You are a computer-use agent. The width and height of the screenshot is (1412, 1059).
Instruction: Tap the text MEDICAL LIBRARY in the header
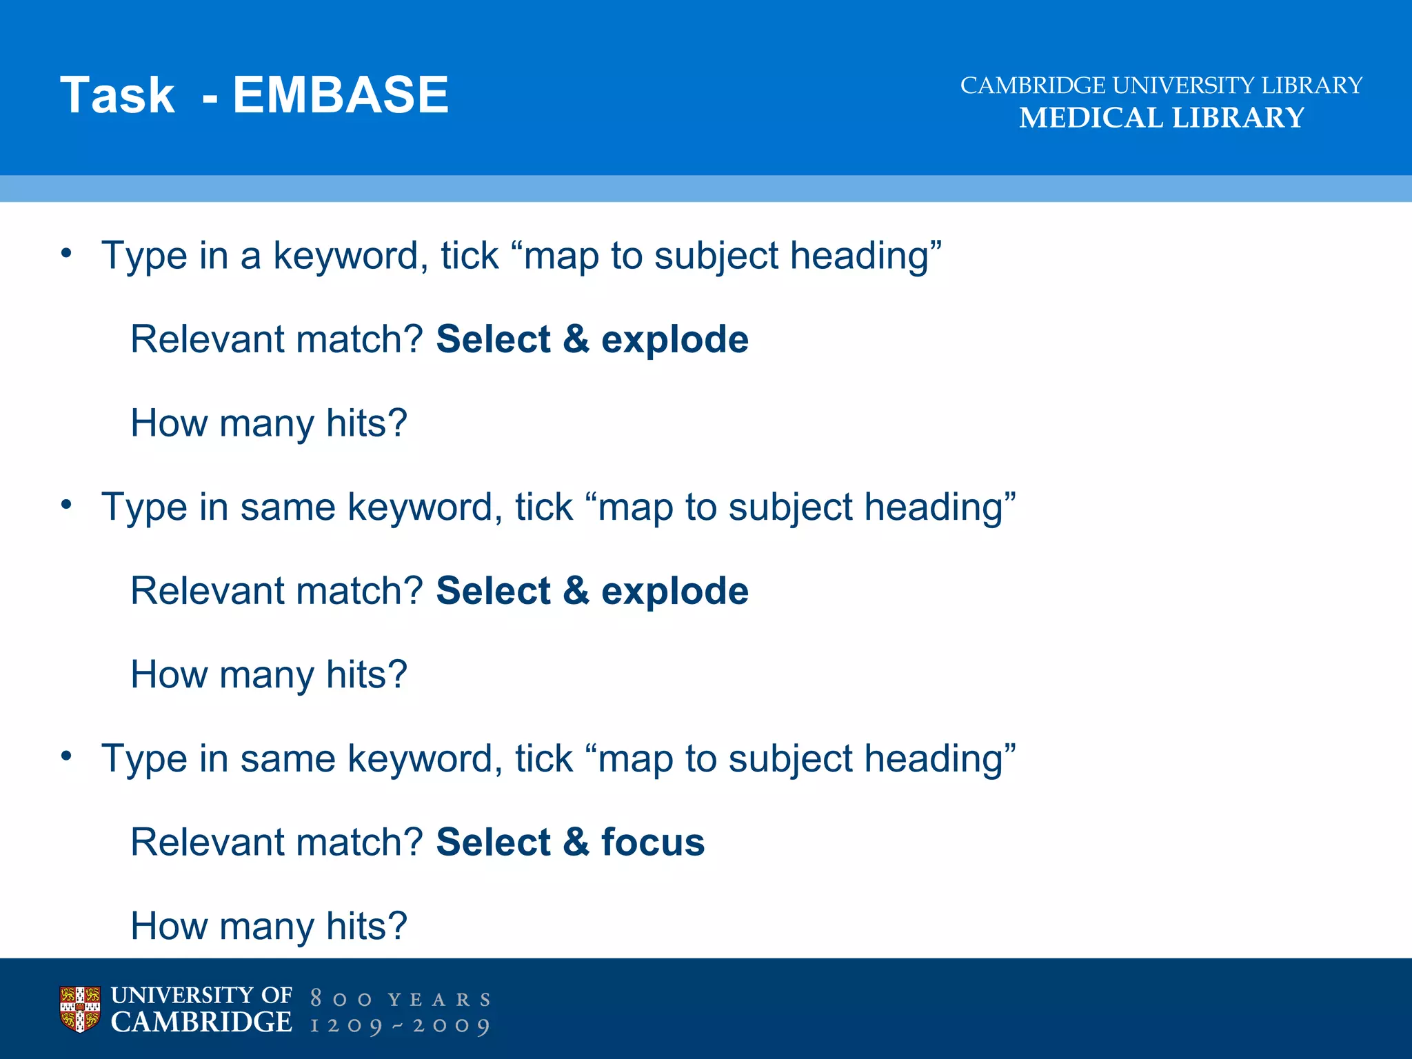click(x=1162, y=118)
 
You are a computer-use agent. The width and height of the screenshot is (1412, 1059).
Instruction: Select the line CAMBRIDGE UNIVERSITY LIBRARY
click(x=1162, y=85)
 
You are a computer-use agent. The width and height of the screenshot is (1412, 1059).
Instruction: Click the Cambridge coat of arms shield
click(x=80, y=1009)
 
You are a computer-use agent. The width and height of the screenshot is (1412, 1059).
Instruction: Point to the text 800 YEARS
click(x=401, y=999)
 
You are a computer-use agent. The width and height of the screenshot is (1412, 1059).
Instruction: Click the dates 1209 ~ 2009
click(x=401, y=1026)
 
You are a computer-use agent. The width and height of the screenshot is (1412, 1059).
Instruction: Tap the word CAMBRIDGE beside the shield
click(x=201, y=1022)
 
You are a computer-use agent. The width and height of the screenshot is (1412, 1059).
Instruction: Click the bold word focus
click(x=652, y=842)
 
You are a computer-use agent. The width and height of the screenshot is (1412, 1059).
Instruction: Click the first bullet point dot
click(x=66, y=254)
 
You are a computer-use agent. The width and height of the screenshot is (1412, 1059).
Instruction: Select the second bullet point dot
click(x=66, y=505)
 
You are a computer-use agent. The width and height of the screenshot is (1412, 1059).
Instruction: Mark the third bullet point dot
click(x=66, y=757)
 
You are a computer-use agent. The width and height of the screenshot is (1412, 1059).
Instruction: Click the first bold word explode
click(x=674, y=339)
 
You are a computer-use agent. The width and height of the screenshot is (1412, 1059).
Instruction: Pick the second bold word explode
click(x=674, y=591)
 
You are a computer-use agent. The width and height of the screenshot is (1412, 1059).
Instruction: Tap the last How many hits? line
click(x=269, y=925)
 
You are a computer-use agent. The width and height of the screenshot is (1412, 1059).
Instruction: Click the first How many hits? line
click(x=269, y=423)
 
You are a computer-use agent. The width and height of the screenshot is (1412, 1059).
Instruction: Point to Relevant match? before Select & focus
click(x=276, y=842)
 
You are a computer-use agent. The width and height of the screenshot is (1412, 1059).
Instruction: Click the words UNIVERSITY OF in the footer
click(x=201, y=995)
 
